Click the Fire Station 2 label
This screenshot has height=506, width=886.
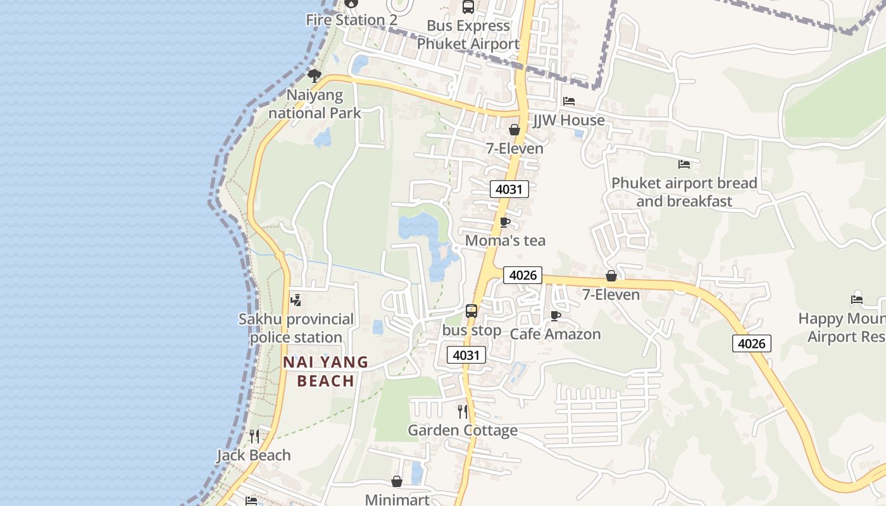[x=351, y=20]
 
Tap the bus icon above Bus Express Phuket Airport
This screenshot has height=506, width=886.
[x=468, y=8]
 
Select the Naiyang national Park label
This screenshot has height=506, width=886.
[x=315, y=104]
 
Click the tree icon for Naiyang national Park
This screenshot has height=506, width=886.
[x=314, y=76]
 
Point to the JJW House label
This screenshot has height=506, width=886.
[x=569, y=120]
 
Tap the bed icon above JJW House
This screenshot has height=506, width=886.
[x=569, y=101]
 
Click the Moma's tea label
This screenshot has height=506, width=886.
[x=505, y=241]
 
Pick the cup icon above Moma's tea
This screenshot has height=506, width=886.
[x=504, y=222]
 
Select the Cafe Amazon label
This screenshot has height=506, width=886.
[x=555, y=334]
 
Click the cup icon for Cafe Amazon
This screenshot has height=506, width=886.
[x=556, y=316]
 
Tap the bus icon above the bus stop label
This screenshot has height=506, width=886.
[x=471, y=311]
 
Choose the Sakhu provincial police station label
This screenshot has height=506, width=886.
[x=296, y=328]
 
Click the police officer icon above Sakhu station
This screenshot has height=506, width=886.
[x=296, y=300]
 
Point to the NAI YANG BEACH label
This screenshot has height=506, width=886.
[x=325, y=371]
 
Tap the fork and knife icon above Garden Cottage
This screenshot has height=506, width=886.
[x=463, y=412]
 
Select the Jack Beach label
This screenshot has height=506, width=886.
[x=254, y=455]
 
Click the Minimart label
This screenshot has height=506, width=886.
[x=397, y=500]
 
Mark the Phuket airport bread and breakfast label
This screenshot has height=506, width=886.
[x=684, y=192]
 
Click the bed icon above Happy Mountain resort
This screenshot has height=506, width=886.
[x=857, y=299]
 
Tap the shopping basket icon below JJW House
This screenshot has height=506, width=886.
[x=515, y=130]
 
